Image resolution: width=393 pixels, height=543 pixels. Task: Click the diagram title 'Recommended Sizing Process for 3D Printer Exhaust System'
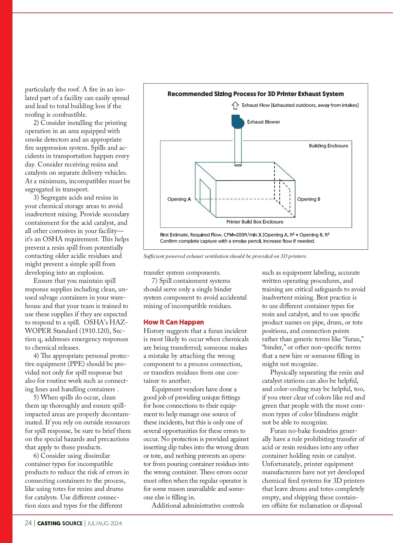click(255, 94)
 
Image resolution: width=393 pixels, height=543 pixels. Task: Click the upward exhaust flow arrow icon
click(235, 106)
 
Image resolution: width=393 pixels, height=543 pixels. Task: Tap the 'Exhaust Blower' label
click(263, 122)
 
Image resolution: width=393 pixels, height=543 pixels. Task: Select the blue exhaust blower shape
click(238, 122)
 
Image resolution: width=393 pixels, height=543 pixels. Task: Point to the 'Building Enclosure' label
click(328, 146)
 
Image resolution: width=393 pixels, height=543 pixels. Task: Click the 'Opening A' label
click(179, 199)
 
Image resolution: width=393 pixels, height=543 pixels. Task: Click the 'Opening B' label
click(309, 199)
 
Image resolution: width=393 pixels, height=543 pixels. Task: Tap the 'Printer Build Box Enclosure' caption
click(255, 222)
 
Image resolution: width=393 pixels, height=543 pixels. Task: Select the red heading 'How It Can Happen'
click(174, 322)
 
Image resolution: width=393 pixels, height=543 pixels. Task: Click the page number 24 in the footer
click(28, 523)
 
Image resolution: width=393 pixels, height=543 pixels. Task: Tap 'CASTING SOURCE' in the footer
click(60, 523)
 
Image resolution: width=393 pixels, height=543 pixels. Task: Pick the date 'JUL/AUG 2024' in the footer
click(104, 523)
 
